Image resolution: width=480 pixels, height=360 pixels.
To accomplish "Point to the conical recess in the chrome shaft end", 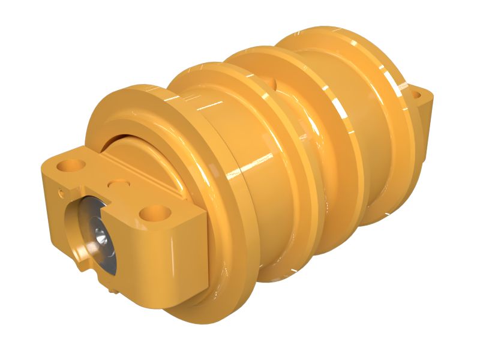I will tap(98, 239).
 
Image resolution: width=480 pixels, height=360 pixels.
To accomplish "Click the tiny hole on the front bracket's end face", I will tap(61, 193).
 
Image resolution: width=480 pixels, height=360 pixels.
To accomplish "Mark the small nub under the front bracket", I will tap(113, 290).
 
